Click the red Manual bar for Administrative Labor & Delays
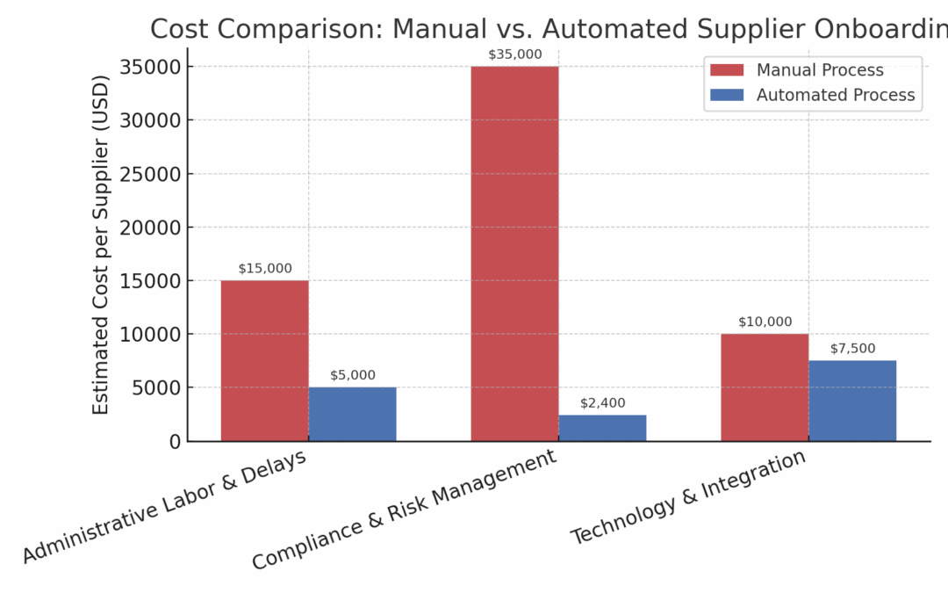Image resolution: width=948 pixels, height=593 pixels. pyautogui.click(x=264, y=360)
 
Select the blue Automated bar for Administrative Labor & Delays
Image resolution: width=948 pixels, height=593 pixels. pyautogui.click(x=352, y=414)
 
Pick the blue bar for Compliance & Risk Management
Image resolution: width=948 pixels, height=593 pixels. pyautogui.click(x=602, y=428)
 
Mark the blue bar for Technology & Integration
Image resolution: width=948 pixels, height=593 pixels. pyautogui.click(x=852, y=401)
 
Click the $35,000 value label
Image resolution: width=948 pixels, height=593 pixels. pyautogui.click(x=514, y=54)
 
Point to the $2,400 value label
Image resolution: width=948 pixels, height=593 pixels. pyautogui.click(x=602, y=403)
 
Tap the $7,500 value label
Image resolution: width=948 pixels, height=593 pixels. pyautogui.click(x=852, y=349)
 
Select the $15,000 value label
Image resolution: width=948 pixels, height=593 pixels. pyautogui.click(x=264, y=269)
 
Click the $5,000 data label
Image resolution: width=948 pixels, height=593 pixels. pyautogui.click(x=352, y=375)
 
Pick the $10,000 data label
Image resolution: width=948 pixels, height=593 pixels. pyautogui.click(x=765, y=322)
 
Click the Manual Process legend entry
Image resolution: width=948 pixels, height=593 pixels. pyautogui.click(x=820, y=70)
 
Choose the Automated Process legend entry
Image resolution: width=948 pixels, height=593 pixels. pyautogui.click(x=835, y=95)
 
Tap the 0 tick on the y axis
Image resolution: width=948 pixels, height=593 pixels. pyautogui.click(x=174, y=441)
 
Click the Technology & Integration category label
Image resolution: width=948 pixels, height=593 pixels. pyautogui.click(x=688, y=497)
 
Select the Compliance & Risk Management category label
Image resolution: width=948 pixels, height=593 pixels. pyautogui.click(x=404, y=510)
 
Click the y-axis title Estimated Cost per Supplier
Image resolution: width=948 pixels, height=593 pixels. pyautogui.click(x=102, y=245)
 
